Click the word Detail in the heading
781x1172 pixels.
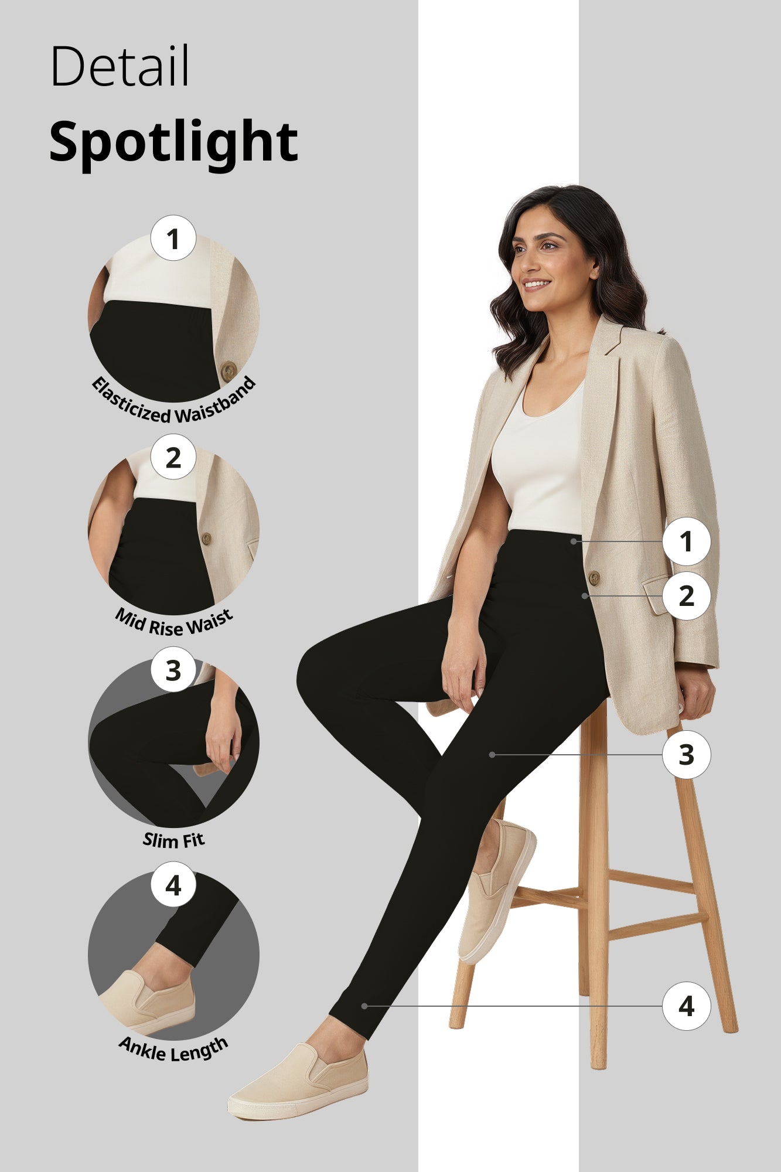pyautogui.click(x=120, y=66)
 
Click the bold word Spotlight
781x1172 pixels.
pyautogui.click(x=173, y=142)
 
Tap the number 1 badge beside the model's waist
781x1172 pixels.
pyautogui.click(x=686, y=541)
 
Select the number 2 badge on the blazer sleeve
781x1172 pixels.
pyautogui.click(x=686, y=596)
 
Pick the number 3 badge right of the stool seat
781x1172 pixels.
pyautogui.click(x=686, y=755)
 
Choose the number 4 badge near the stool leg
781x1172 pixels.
pyautogui.click(x=686, y=1006)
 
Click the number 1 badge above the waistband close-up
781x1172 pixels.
pyautogui.click(x=173, y=239)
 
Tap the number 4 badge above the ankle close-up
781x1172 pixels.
pyautogui.click(x=173, y=885)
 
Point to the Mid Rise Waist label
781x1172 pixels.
pyautogui.click(x=174, y=623)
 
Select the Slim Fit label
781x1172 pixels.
pyautogui.click(x=174, y=841)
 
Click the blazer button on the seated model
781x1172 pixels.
pyautogui.click(x=594, y=578)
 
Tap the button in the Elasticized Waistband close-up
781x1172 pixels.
pyautogui.click(x=228, y=370)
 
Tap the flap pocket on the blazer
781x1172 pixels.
pyautogui.click(x=657, y=595)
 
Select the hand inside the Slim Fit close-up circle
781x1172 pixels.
pyautogui.click(x=223, y=738)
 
